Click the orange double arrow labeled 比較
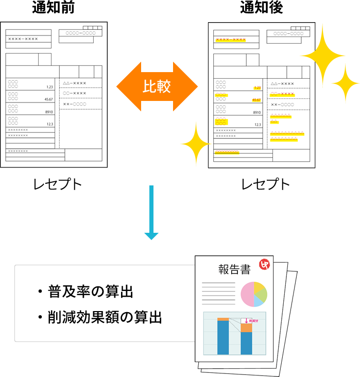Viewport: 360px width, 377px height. point(157,86)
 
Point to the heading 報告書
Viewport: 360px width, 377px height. point(234,269)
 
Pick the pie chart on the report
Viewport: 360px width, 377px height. point(254,294)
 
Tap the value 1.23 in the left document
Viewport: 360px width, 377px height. point(50,87)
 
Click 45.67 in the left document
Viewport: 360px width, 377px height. point(49,99)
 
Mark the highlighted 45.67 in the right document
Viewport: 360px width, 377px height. point(256,100)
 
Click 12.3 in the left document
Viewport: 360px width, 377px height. point(50,124)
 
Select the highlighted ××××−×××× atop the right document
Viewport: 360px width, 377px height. point(231,39)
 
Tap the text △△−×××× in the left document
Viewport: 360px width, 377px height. point(75,83)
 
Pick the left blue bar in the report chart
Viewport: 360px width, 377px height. point(223,337)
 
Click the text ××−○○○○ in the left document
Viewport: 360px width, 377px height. point(75,104)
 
